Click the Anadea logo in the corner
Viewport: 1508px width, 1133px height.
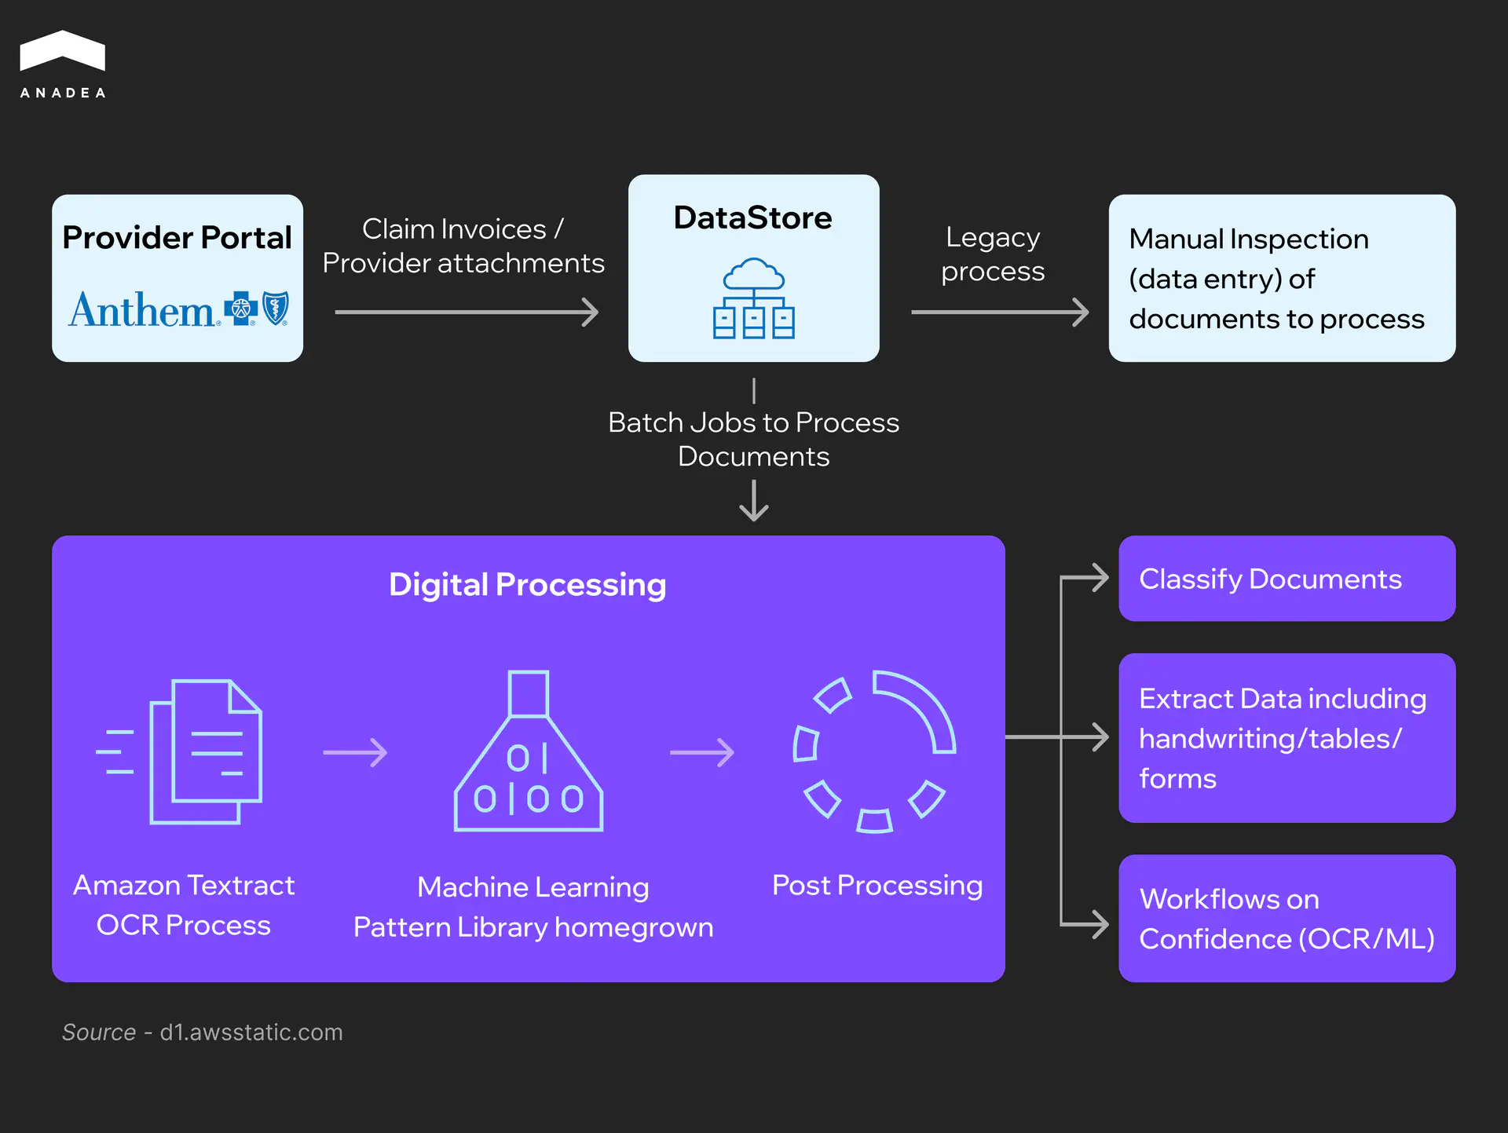pos(62,64)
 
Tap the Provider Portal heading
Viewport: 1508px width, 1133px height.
pos(177,237)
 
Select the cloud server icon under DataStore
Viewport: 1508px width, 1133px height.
pos(753,298)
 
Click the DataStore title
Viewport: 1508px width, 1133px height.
pos(752,217)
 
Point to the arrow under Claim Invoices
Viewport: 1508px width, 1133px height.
pos(467,312)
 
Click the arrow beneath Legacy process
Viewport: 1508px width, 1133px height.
pos(999,312)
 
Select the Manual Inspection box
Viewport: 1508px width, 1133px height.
pos(1282,279)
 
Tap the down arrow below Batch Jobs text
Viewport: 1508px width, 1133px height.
pos(754,501)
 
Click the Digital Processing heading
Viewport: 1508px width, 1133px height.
pos(527,585)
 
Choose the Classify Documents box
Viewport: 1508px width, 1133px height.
pos(1287,579)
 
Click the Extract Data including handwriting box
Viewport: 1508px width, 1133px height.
pos(1287,738)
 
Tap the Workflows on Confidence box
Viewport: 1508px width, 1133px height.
pos(1287,919)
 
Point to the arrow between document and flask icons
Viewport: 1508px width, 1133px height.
pos(355,752)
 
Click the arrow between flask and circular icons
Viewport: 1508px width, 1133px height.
pos(701,752)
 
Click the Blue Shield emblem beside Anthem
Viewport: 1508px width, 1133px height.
pos(276,308)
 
